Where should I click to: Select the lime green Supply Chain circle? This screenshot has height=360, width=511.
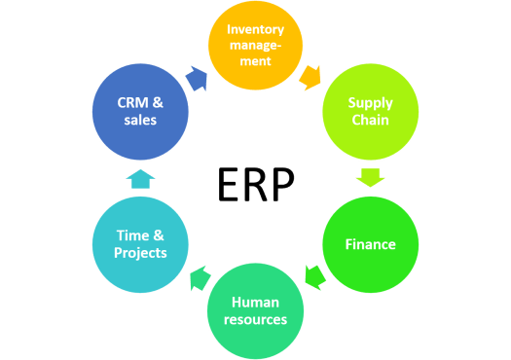[x=370, y=110]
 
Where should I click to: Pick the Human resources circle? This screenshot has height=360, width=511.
[x=255, y=310]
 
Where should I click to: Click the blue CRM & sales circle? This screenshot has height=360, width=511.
[x=139, y=111]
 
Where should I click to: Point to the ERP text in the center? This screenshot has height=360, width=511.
[x=255, y=183]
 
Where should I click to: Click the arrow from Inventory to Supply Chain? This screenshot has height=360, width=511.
[x=310, y=75]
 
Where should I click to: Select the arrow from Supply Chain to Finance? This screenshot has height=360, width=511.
[x=371, y=178]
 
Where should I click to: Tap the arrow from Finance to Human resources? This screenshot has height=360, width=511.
[x=313, y=277]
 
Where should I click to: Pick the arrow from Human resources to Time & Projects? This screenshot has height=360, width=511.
[x=198, y=278]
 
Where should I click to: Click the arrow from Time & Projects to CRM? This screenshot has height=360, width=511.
[x=140, y=177]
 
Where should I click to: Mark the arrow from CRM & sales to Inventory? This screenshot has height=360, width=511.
[x=198, y=76]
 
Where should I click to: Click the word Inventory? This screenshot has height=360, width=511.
[x=255, y=29]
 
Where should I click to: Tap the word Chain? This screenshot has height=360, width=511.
[x=370, y=120]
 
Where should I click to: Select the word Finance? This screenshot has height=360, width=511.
[x=370, y=243]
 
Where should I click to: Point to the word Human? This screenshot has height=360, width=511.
[x=255, y=302]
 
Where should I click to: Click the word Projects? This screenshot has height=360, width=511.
[x=139, y=253]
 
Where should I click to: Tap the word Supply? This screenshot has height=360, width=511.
[x=370, y=101]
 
